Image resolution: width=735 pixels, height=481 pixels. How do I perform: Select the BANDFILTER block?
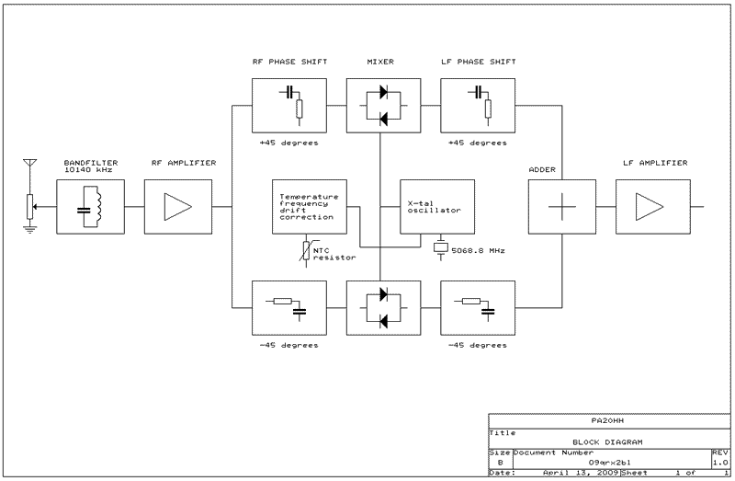click(90, 206)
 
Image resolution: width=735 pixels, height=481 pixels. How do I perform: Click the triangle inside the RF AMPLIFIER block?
click(177, 206)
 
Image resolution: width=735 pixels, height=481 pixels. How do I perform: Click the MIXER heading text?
click(379, 62)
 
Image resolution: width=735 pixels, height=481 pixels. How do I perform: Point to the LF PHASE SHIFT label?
click(478, 62)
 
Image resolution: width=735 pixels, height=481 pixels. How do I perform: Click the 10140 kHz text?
click(88, 170)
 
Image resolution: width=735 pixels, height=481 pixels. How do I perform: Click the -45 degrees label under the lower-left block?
click(288, 346)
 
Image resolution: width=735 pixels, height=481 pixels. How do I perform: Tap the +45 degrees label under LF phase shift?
click(477, 143)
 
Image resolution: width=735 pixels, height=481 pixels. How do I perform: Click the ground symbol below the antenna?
click(29, 229)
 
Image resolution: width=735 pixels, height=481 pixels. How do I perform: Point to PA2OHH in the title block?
click(606, 419)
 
